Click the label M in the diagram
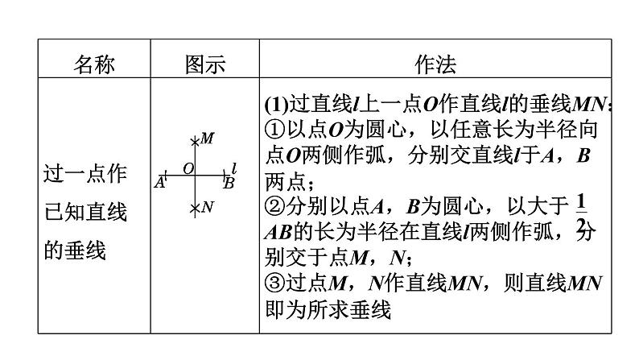pyautogui.click(x=208, y=139)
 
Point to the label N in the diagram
pyautogui.click(x=207, y=207)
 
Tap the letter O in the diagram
pyautogui.click(x=188, y=168)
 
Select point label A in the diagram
pyautogui.click(x=160, y=183)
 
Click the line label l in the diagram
pyautogui.click(x=233, y=168)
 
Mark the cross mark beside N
pyautogui.click(x=194, y=209)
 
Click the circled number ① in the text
pyautogui.click(x=274, y=130)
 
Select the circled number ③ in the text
pyautogui.click(x=274, y=284)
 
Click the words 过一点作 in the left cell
pyautogui.click(x=85, y=172)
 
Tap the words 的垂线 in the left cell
pyautogui.click(x=74, y=250)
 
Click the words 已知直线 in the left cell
pyautogui.click(x=85, y=212)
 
